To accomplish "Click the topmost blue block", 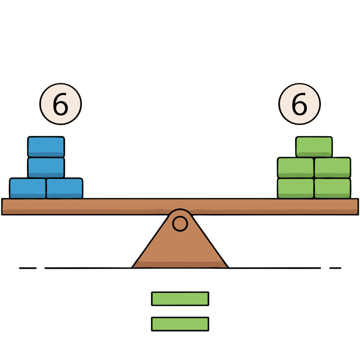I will click(x=46, y=147).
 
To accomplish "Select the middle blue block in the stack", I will click(x=46, y=168).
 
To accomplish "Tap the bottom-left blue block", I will click(x=28, y=188).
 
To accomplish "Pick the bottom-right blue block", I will click(x=64, y=188).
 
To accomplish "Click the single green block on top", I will click(x=314, y=147).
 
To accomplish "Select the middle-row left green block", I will click(x=296, y=168).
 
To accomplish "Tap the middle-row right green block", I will click(x=332, y=168).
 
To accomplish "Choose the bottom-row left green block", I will click(x=296, y=188).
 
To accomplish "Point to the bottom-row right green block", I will click(x=332, y=188).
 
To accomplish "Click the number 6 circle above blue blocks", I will click(x=61, y=104).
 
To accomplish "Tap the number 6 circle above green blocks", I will click(x=299, y=104).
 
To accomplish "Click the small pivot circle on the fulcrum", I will click(x=180, y=224).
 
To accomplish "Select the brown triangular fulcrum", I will click(x=180, y=248).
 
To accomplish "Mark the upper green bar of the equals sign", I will click(x=180, y=299).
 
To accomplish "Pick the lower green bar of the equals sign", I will click(x=180, y=324).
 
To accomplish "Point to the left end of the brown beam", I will click(x=6, y=206).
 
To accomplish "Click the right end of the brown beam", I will click(x=354, y=206).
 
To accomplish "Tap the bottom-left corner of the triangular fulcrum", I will click(x=135, y=266).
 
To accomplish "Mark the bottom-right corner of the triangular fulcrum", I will click(x=225, y=266).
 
